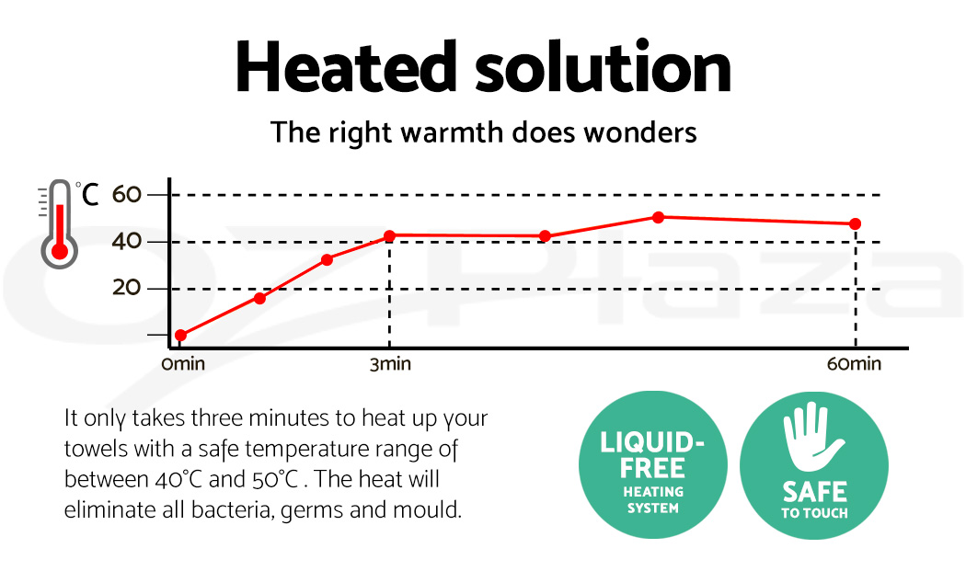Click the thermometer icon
click(x=58, y=223)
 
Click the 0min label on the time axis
click(x=182, y=364)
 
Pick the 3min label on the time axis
click(x=390, y=364)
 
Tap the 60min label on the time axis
click(x=854, y=364)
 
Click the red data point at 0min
click(x=180, y=336)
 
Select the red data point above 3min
click(x=389, y=236)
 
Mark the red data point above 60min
click(x=855, y=224)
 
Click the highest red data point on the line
click(x=658, y=217)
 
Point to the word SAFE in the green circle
click(x=814, y=491)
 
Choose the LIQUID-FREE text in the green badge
click(x=652, y=454)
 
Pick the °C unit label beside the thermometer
click(x=88, y=194)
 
